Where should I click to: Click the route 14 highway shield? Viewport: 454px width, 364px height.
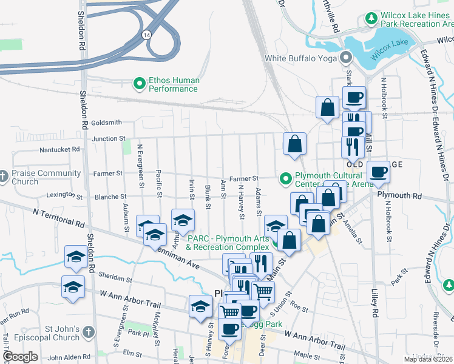click(x=147, y=36)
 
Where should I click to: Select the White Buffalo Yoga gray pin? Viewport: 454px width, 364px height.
click(x=347, y=59)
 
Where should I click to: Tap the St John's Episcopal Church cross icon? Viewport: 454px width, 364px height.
click(x=89, y=332)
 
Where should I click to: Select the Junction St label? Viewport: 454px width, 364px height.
click(x=109, y=139)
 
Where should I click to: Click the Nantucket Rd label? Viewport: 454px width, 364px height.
click(x=59, y=149)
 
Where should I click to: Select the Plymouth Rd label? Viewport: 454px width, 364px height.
click(x=399, y=196)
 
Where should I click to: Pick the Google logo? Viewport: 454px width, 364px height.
click(x=20, y=357)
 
